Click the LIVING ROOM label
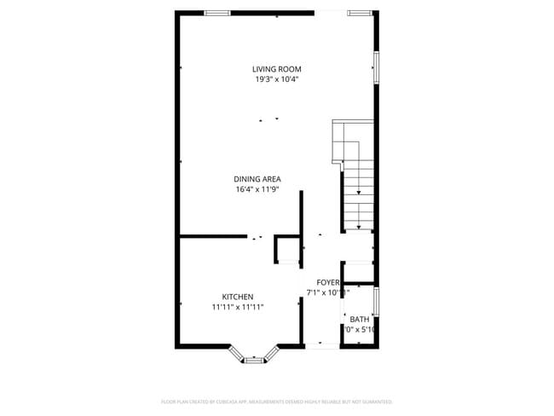coord(276,69)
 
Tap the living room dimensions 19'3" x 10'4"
coord(276,79)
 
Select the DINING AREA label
coord(257,179)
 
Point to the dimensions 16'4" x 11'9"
coord(257,189)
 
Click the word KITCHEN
coord(238,297)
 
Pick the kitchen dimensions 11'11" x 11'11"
coord(238,307)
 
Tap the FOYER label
coord(328,282)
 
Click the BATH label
coord(360,319)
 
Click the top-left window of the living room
coord(217,13)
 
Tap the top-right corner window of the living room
coord(360,13)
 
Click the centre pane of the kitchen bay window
coord(255,361)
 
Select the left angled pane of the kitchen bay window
coord(236,352)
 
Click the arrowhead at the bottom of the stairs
coord(359,228)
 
